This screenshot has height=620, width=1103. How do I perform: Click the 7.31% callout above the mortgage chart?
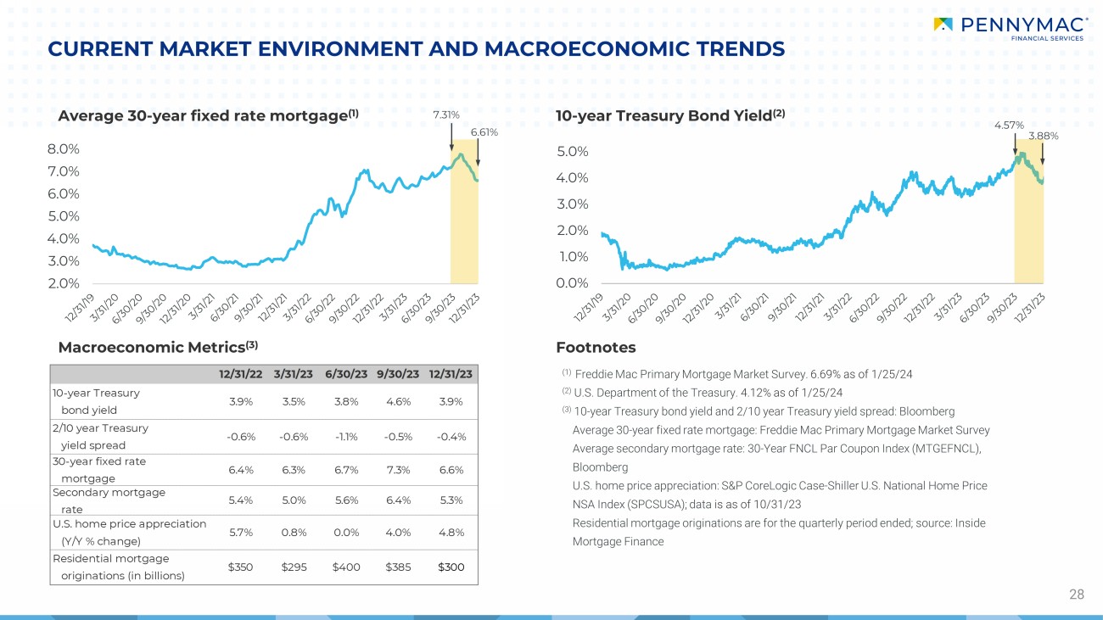point(446,115)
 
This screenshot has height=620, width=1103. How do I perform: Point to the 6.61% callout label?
point(484,132)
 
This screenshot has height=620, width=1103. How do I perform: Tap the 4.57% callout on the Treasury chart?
point(1008,125)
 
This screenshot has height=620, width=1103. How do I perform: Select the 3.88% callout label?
point(1044,136)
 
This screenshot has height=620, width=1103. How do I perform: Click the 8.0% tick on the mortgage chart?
point(63,148)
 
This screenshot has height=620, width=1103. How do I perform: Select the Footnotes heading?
point(596,347)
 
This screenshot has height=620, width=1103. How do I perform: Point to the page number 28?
point(1076,595)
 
